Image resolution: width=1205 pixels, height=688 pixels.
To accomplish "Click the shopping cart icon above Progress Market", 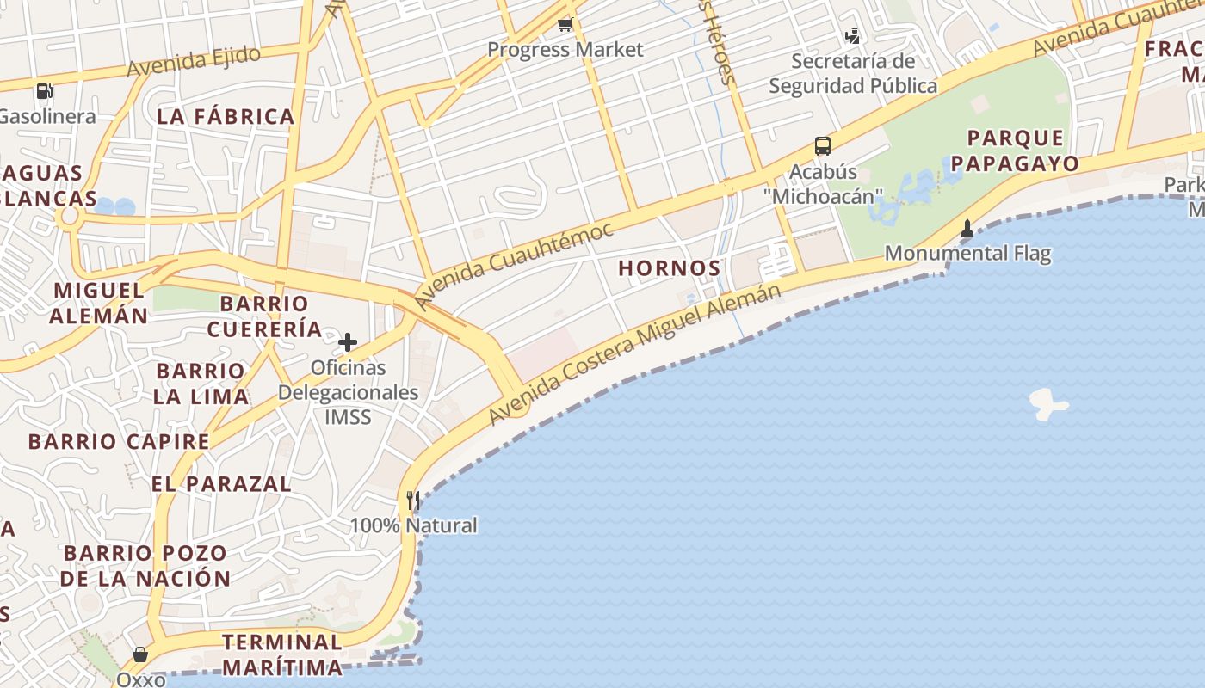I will tap(565, 25).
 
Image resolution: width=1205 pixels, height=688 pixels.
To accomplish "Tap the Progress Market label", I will tap(565, 50).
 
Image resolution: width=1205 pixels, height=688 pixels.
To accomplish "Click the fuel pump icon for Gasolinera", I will tap(44, 90).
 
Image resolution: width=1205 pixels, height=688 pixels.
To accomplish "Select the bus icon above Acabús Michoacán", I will tap(823, 146).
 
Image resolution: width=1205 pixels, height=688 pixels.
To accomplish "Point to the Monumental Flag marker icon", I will tap(967, 229).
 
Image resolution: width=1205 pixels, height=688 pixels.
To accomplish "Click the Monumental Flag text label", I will tap(967, 254).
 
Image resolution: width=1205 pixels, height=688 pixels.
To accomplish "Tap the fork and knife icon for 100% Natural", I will tap(413, 501).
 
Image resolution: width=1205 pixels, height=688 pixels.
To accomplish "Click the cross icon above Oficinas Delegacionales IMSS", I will tap(348, 342).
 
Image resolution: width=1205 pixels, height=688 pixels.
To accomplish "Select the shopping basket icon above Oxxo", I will tap(139, 655).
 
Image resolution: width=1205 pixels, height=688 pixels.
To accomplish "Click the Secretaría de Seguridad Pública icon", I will tap(852, 36).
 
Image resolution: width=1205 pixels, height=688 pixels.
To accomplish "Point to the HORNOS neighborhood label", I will tap(669, 268).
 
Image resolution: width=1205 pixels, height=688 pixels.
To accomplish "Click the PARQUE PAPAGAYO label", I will tap(1015, 150).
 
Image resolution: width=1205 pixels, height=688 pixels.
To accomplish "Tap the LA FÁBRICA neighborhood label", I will tap(226, 117).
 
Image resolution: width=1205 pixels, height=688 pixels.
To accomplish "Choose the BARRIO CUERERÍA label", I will tap(264, 316).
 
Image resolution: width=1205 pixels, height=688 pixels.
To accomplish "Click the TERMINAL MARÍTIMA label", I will tap(282, 654).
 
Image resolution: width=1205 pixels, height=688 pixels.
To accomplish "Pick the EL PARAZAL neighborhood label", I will tap(221, 483).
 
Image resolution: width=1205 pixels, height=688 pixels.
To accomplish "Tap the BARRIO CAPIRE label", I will tap(119, 442).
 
